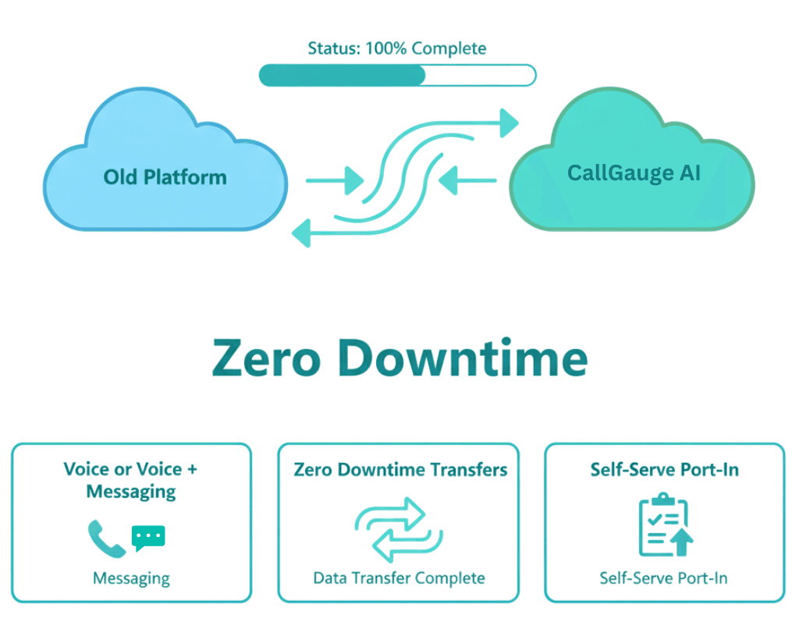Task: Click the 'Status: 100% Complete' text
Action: coord(396,48)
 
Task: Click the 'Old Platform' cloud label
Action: coord(165,176)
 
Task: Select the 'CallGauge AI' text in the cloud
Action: coord(634,172)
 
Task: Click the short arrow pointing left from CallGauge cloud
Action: coord(467,181)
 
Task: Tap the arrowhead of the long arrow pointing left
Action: coord(302,232)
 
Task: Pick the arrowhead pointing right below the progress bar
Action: coord(509,123)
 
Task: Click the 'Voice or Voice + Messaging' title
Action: coord(131,480)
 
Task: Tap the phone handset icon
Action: coord(106,539)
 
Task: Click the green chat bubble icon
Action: coord(148,537)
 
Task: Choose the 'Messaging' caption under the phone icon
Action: coord(131,578)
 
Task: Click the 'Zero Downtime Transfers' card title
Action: coord(400,470)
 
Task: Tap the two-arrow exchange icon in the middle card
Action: coord(399,530)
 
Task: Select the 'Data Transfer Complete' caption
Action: coord(399,578)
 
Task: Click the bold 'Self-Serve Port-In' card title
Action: coord(664,470)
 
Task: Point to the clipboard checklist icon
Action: coord(665,525)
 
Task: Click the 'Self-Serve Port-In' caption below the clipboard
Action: coord(663,578)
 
